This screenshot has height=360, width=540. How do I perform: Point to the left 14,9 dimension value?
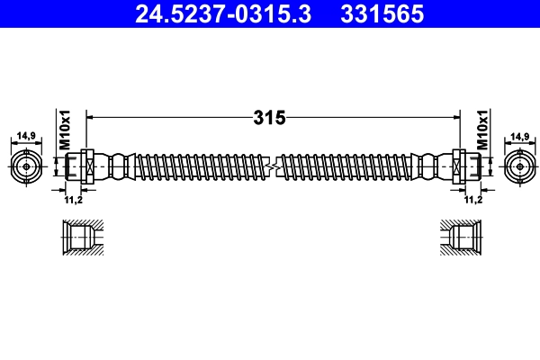(26, 136)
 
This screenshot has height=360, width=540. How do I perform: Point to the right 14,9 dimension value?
(519, 136)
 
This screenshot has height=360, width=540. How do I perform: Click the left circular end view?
(26, 166)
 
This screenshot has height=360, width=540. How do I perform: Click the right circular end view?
(517, 166)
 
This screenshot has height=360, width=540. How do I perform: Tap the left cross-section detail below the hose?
(83, 238)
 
